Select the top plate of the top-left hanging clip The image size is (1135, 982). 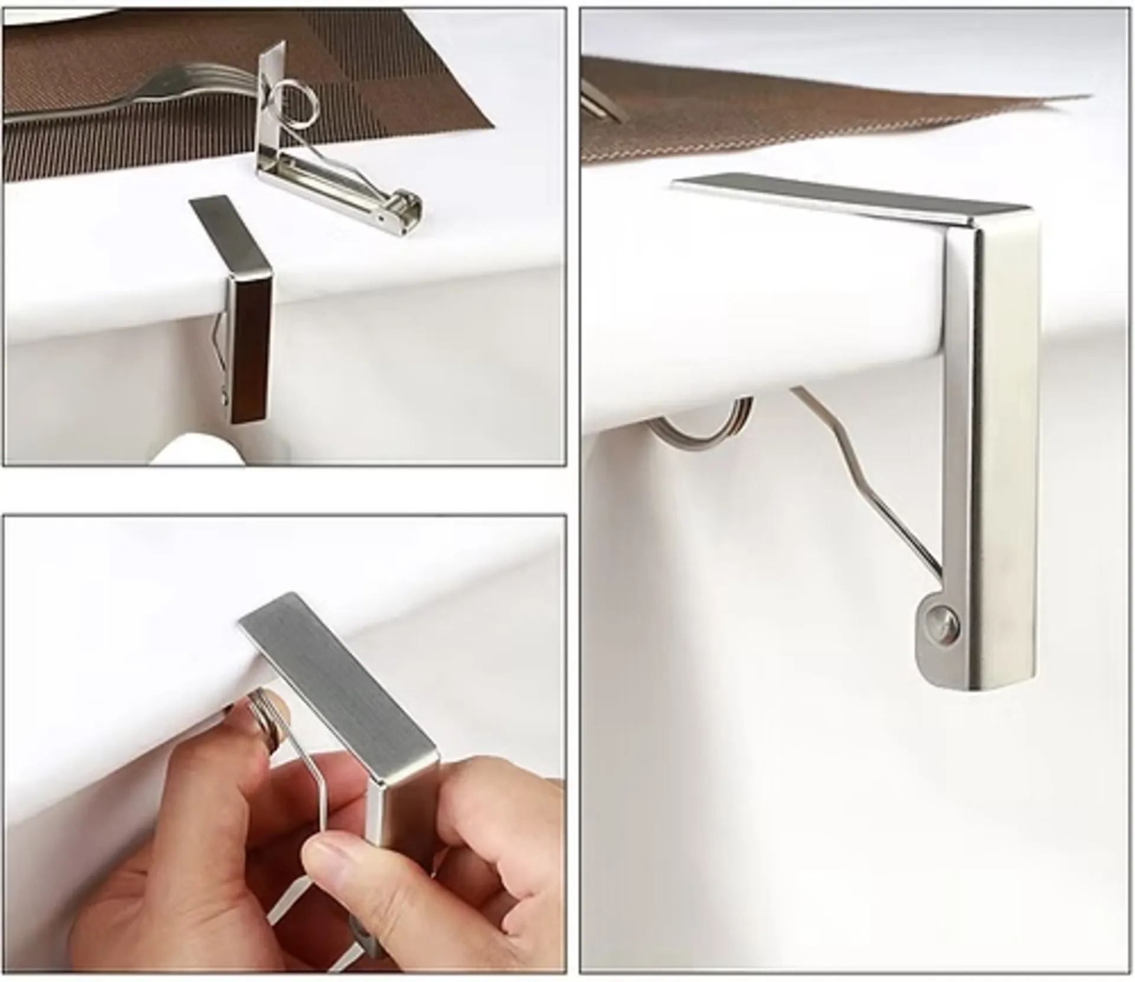click(x=231, y=236)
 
